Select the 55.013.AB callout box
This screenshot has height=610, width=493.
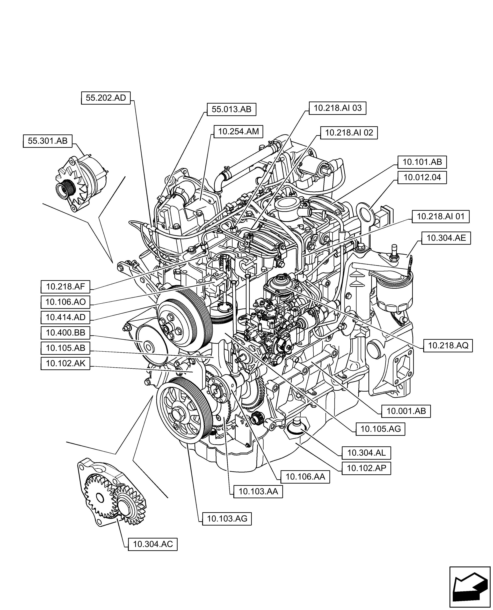point(231,109)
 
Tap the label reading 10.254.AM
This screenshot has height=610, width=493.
point(238,132)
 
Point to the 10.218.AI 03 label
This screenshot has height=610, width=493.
point(337,108)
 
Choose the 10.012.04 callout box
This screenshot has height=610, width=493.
point(422,177)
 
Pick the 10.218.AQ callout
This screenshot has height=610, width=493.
point(448,346)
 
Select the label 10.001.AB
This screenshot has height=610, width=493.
point(406,411)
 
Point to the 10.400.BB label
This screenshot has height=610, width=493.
point(65,333)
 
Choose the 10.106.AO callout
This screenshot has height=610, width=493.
point(65,302)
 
